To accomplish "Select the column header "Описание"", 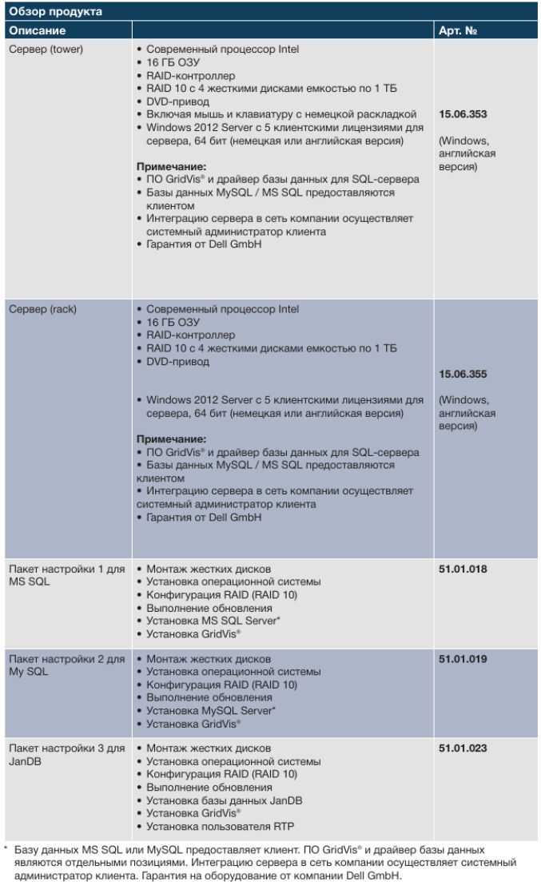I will (37, 30).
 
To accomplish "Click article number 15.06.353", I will (463, 114).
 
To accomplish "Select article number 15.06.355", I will (463, 374).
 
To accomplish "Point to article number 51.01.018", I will (463, 570).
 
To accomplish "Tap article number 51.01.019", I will (463, 659).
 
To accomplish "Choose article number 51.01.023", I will (463, 748).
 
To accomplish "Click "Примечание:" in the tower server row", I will (172, 167).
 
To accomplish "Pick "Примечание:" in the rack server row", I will (172, 439).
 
